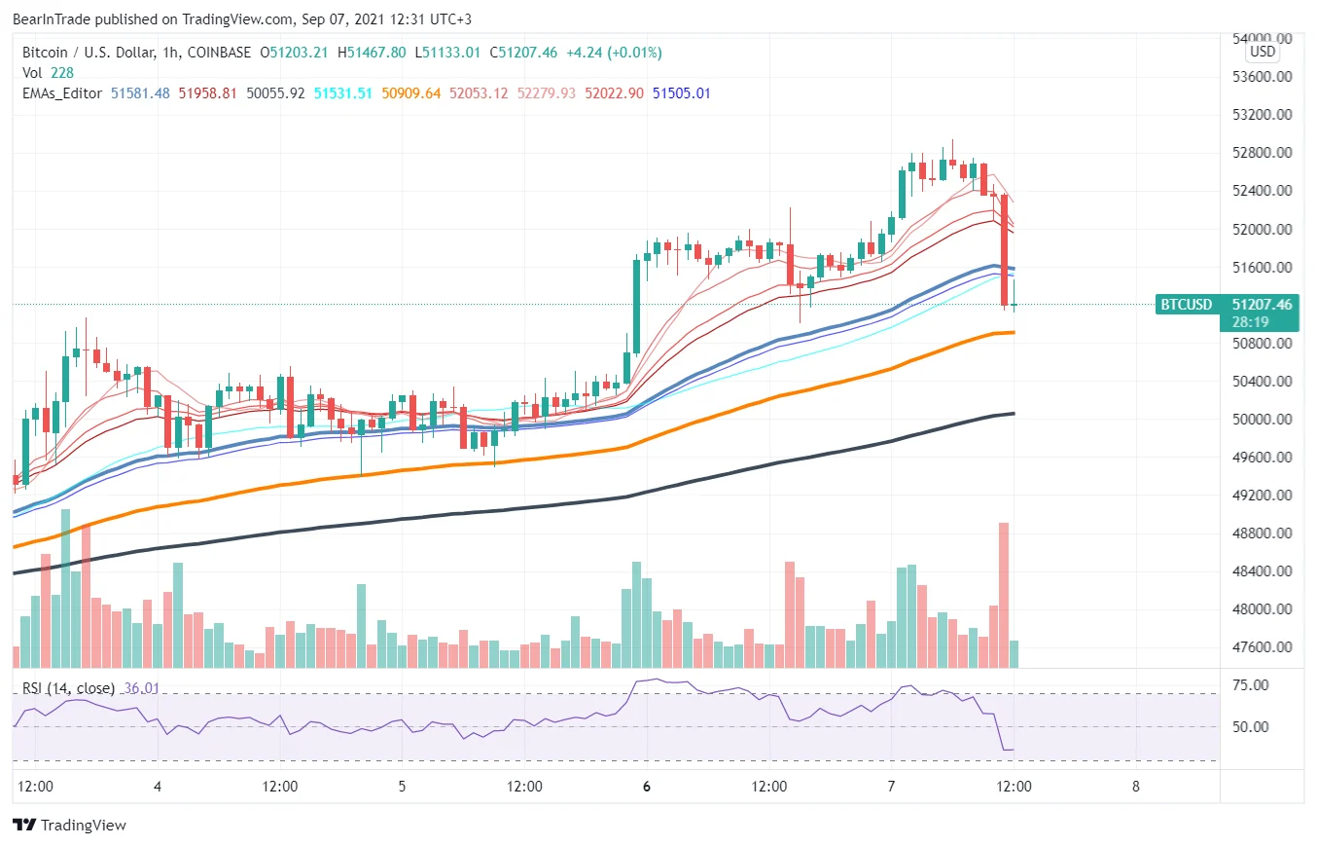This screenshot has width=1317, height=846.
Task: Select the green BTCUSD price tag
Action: (1186, 305)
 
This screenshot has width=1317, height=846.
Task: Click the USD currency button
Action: (1263, 52)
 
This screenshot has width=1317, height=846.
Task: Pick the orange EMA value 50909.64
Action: (411, 93)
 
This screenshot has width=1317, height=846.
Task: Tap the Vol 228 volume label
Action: (49, 72)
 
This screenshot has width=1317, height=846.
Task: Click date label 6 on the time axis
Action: (646, 786)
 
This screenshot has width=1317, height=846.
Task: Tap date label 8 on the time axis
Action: (1135, 786)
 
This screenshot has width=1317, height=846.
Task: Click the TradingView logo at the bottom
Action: (70, 826)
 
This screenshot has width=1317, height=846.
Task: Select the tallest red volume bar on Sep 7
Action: (1004, 594)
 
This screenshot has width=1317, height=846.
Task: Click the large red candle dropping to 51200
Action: (1004, 250)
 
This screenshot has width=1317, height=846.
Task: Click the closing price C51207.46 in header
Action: (524, 52)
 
